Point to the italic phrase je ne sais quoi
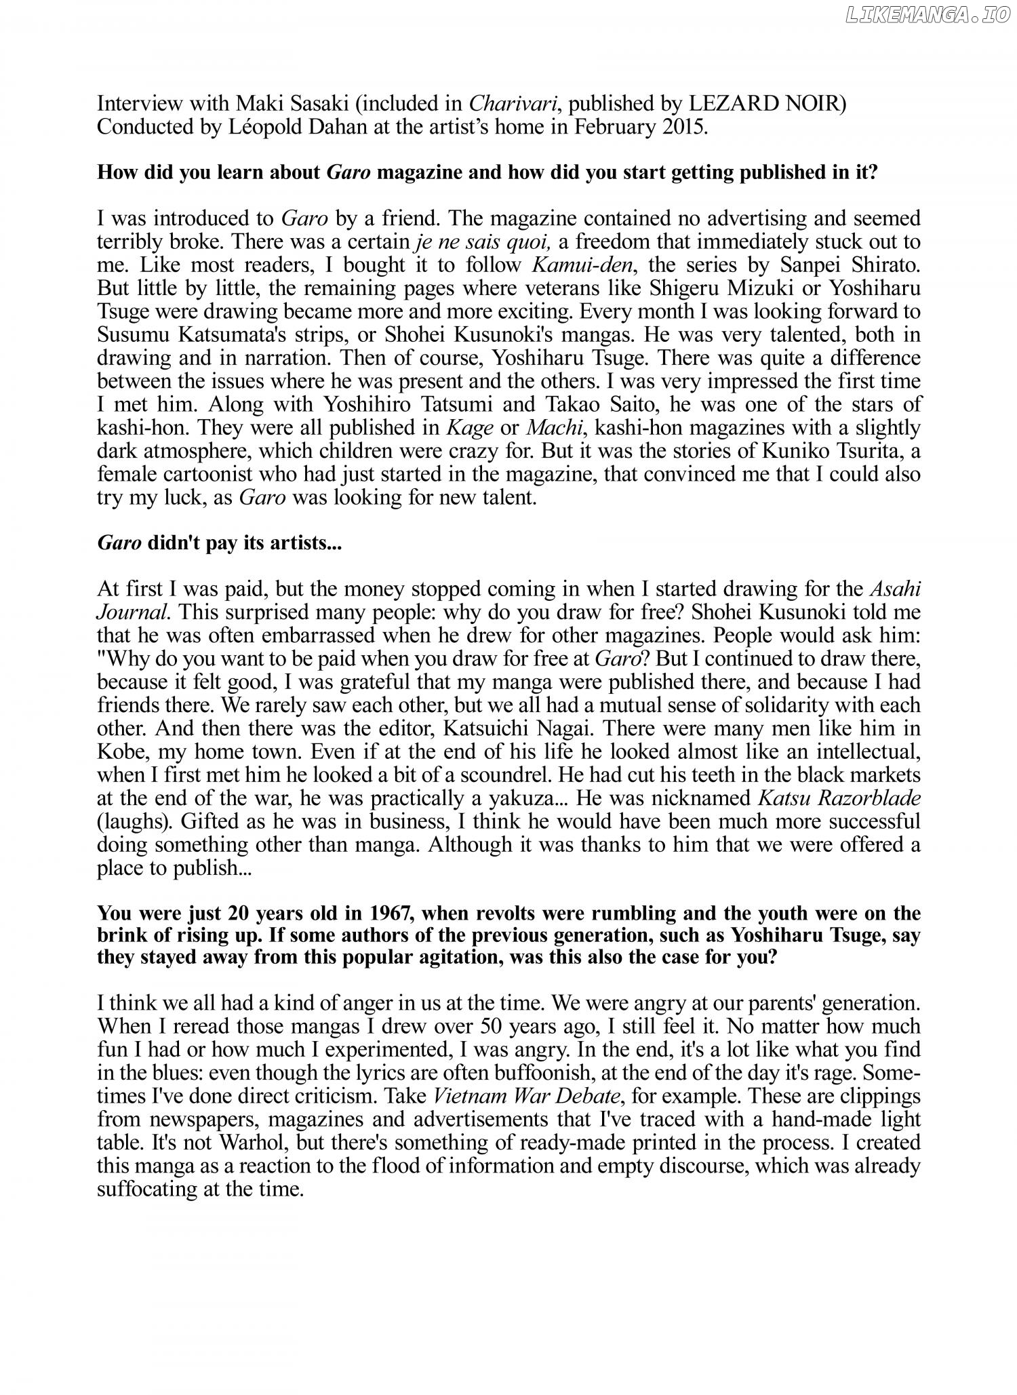click(x=481, y=241)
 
